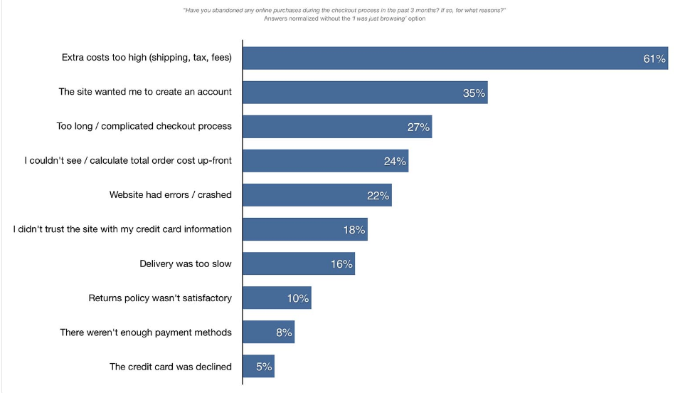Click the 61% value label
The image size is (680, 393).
(654, 59)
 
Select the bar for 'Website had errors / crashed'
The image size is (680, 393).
(317, 195)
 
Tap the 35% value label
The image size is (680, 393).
(474, 93)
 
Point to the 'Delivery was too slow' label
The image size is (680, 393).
(186, 264)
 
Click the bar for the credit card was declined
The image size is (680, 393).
(258, 367)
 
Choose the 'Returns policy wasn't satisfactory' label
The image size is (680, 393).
(160, 298)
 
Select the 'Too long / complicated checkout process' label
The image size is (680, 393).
(144, 127)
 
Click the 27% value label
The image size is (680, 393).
(418, 127)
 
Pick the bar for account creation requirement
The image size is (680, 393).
(364, 93)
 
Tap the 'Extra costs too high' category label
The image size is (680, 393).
(147, 58)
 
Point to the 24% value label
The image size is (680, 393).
(395, 162)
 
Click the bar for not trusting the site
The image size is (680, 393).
(304, 229)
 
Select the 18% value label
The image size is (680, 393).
(354, 230)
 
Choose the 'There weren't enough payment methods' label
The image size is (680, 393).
(146, 332)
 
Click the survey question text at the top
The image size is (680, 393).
(344, 10)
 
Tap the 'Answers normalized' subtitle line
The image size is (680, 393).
(344, 19)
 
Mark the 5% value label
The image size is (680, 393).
(264, 367)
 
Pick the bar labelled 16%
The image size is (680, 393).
(298, 263)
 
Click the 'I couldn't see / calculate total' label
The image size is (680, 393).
(128, 161)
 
